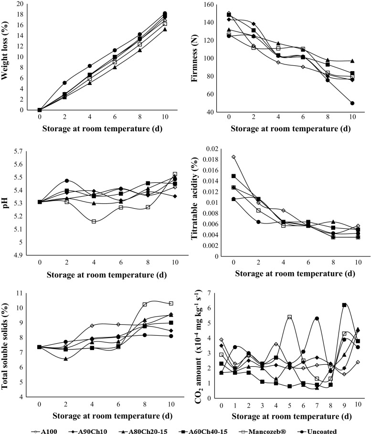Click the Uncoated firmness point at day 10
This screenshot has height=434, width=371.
(x=352, y=103)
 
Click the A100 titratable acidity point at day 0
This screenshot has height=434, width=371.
(x=233, y=157)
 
